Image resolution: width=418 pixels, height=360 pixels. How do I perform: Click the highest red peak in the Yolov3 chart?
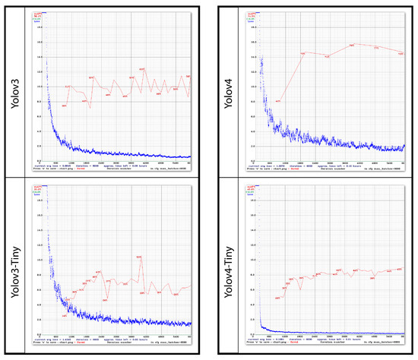(142, 70)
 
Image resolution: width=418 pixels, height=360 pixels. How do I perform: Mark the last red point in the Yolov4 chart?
(401, 53)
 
